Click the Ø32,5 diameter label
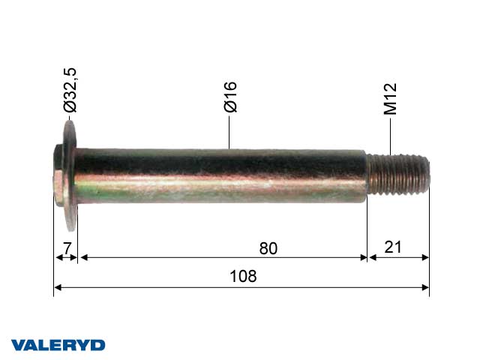[x=70, y=90]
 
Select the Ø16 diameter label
[x=230, y=97]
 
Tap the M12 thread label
[x=390, y=99]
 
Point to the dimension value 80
[x=268, y=248]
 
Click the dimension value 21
[x=393, y=247]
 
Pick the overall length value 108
[x=243, y=276]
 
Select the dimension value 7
[x=67, y=248]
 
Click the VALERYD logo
[x=58, y=345]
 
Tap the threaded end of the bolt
[x=398, y=175]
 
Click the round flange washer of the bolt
[x=70, y=175]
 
